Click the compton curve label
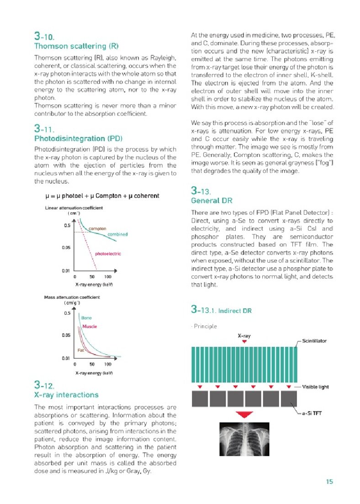pyautogui.click(x=97, y=228)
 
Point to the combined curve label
pyautogui.click(x=117, y=234)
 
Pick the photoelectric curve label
pyautogui.click(x=108, y=254)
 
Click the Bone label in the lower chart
pyautogui.click(x=86, y=318)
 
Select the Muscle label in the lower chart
pyautogui.click(x=90, y=327)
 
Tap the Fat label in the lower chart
pyautogui.click(x=80, y=350)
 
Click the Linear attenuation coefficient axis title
pyautogui.click(x=74, y=208)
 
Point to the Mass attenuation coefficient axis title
pyautogui.click(x=73, y=297)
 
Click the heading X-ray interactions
pyautogui.click(x=66, y=395)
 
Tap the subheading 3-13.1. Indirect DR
pyautogui.click(x=221, y=311)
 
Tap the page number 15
pyautogui.click(x=329, y=481)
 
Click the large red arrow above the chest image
pyautogui.click(x=245, y=414)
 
